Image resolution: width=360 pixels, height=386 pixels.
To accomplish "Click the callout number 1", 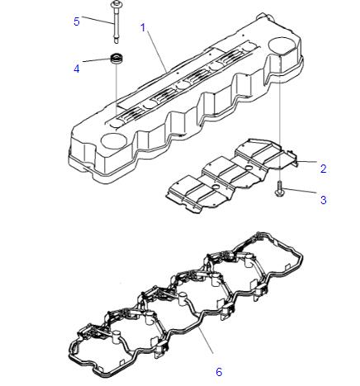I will [143, 27].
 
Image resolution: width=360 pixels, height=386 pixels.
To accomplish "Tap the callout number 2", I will [324, 169].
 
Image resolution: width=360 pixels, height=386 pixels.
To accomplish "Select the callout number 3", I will [324, 199].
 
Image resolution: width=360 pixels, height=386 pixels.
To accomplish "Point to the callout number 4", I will [77, 69].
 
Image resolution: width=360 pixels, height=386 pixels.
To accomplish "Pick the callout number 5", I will [77, 21].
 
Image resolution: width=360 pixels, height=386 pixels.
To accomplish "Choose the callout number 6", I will [219, 372].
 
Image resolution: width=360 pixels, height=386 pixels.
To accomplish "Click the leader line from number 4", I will [95, 64].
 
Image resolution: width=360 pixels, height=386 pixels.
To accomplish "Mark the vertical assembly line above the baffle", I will [280, 116].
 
